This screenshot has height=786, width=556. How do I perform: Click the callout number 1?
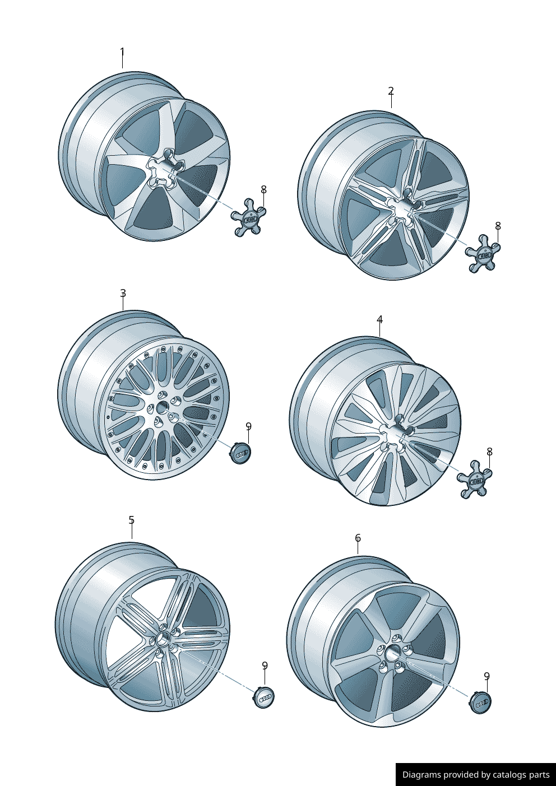point(122,52)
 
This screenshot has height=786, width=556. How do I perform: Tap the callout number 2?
point(391,91)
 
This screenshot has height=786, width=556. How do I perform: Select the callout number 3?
point(123,293)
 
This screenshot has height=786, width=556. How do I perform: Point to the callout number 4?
point(379,320)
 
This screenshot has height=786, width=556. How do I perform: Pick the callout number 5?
point(131,520)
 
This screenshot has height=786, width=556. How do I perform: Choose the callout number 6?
point(358,538)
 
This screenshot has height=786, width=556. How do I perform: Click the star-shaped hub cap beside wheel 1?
point(248,217)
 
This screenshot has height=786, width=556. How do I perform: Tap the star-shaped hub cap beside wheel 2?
point(483,253)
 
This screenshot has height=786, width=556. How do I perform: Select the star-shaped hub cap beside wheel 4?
point(474,479)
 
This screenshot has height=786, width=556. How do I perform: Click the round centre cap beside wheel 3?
point(241,453)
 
